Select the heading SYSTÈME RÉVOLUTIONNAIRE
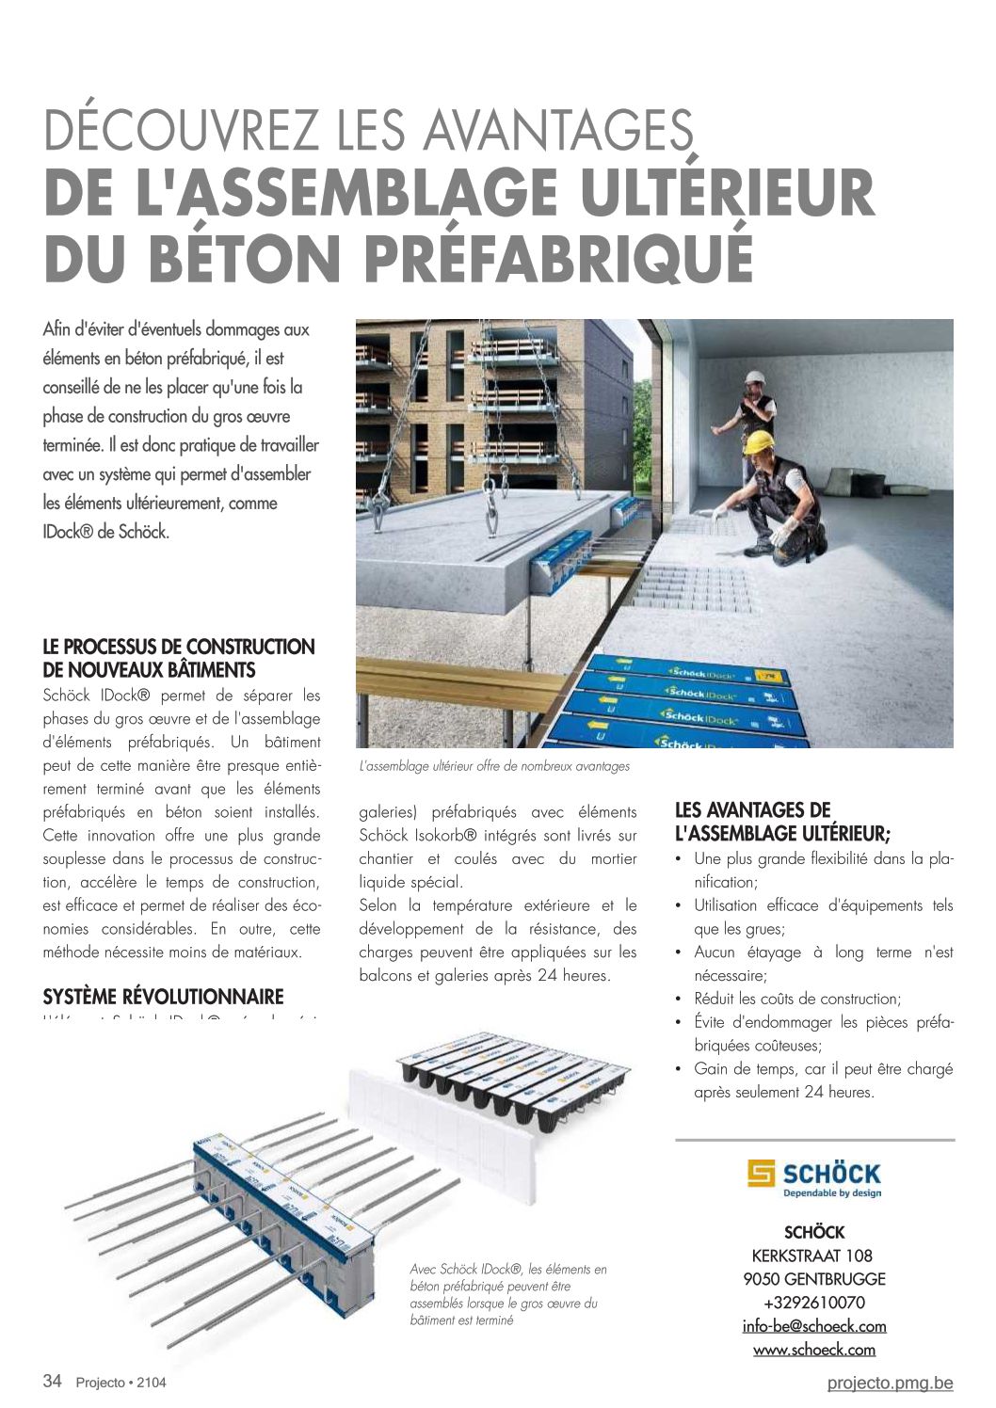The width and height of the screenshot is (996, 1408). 163,997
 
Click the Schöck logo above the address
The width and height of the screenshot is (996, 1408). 814,1178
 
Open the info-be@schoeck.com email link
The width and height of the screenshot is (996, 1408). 814,1326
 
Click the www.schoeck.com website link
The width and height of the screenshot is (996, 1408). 814,1350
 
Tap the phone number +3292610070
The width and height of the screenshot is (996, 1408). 814,1303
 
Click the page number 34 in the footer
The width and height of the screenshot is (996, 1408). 53,1382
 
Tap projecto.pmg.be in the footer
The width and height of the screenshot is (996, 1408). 890,1383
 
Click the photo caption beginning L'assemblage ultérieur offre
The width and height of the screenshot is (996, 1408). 494,766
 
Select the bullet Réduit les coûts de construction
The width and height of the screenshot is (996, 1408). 796,999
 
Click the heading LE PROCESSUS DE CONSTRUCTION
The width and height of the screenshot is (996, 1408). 179,648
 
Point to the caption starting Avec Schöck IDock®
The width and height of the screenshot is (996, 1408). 508,1294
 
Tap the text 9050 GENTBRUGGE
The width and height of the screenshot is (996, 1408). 814,1279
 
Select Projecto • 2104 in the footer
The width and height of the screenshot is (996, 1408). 120,1383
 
